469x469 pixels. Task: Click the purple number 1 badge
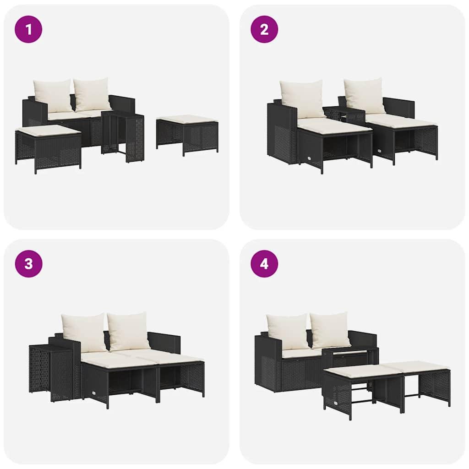(28, 29)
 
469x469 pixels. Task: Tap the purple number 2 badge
(264, 29)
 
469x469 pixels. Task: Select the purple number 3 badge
(28, 264)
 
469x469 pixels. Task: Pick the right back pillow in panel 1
(93, 94)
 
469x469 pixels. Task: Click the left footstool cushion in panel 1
(48, 131)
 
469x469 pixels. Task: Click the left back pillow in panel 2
(302, 98)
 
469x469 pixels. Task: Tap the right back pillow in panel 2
(365, 95)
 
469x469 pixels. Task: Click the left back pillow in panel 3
(84, 332)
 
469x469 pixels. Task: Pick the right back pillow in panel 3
(128, 331)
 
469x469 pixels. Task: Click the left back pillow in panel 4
(288, 331)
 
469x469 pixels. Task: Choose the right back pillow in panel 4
(331, 330)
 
